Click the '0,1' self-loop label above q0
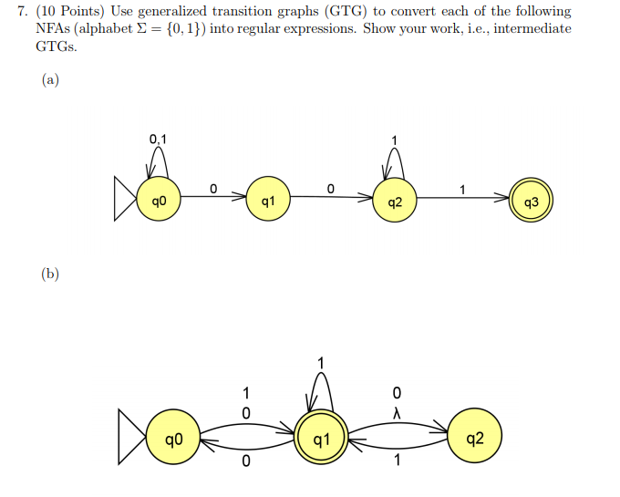pos(159,140)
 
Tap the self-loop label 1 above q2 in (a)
pos(394,140)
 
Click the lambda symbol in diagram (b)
pos(396,412)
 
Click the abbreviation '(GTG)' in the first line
pos(343,12)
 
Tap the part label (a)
pos(50,80)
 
